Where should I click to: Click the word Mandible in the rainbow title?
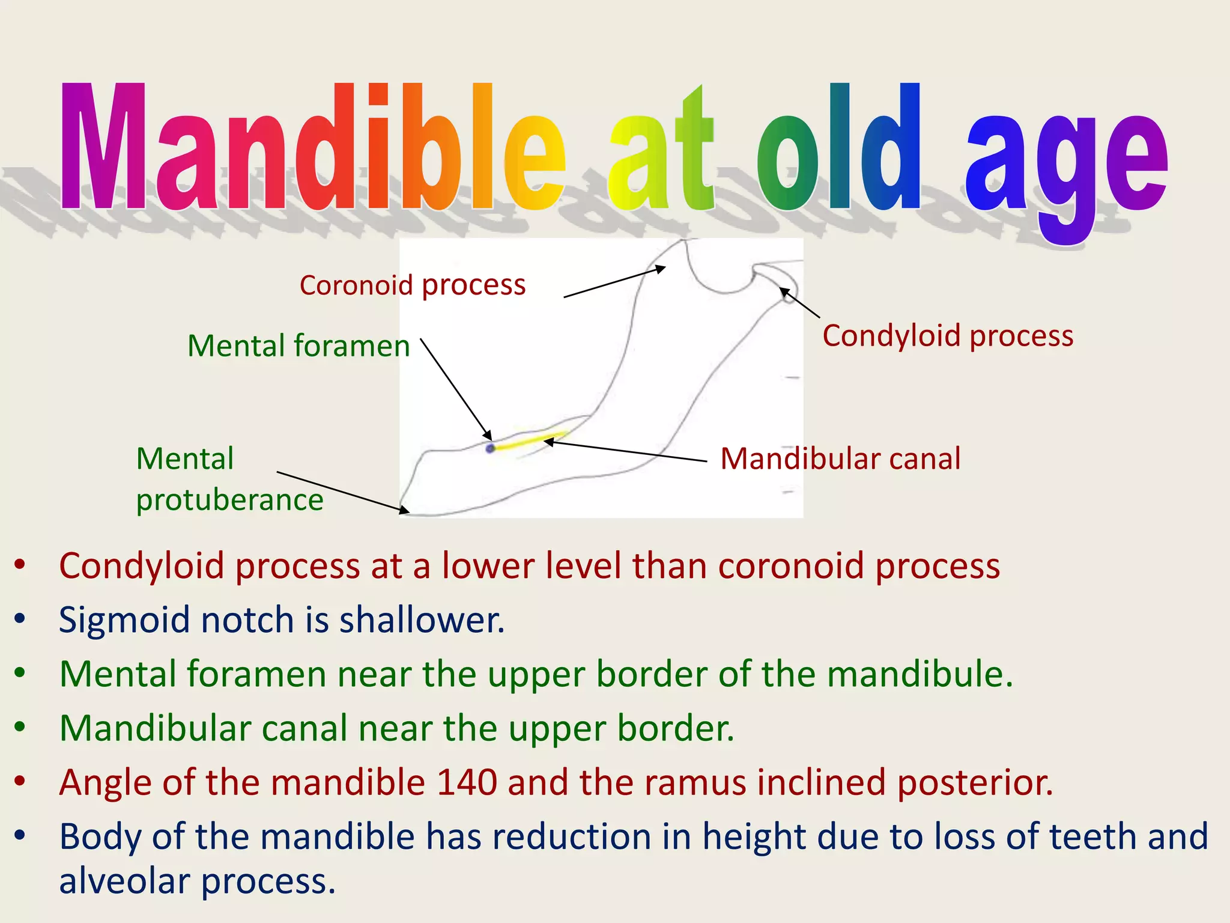pyautogui.click(x=312, y=147)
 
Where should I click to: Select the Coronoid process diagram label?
pyautogui.click(x=413, y=284)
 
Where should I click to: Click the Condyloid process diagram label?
pyautogui.click(x=948, y=335)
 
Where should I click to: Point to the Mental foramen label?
pyautogui.click(x=298, y=346)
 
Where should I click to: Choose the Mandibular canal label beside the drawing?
pyautogui.click(x=840, y=458)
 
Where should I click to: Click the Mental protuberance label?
pyautogui.click(x=229, y=479)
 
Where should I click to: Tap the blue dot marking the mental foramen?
pyautogui.click(x=490, y=448)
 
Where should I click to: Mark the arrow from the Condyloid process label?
pyautogui.click(x=800, y=303)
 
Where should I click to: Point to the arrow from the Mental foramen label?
pyautogui.click(x=455, y=389)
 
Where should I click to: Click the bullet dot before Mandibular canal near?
pyautogui.click(x=20, y=727)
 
